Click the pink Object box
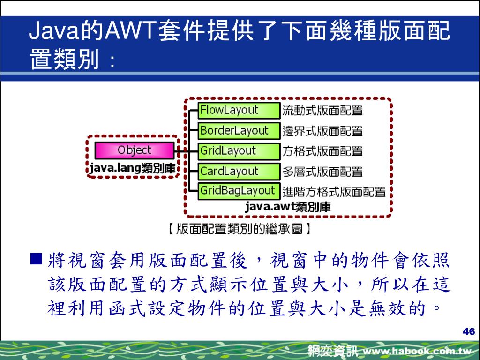pos(134,150)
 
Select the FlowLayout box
pos(239,110)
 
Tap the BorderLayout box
pos(239,131)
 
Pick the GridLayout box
pos(239,151)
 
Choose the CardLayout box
pos(239,171)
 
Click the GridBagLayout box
pos(239,191)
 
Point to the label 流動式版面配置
pos(322,111)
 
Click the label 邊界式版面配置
pos(322,131)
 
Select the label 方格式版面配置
pos(322,151)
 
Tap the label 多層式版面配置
pos(322,172)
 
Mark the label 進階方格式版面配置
pos(334,191)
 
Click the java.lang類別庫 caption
pos(132,168)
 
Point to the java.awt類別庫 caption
pos(288,207)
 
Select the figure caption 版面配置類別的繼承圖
pos(240,229)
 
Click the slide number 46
pos(468,332)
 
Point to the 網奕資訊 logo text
pos(333,351)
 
